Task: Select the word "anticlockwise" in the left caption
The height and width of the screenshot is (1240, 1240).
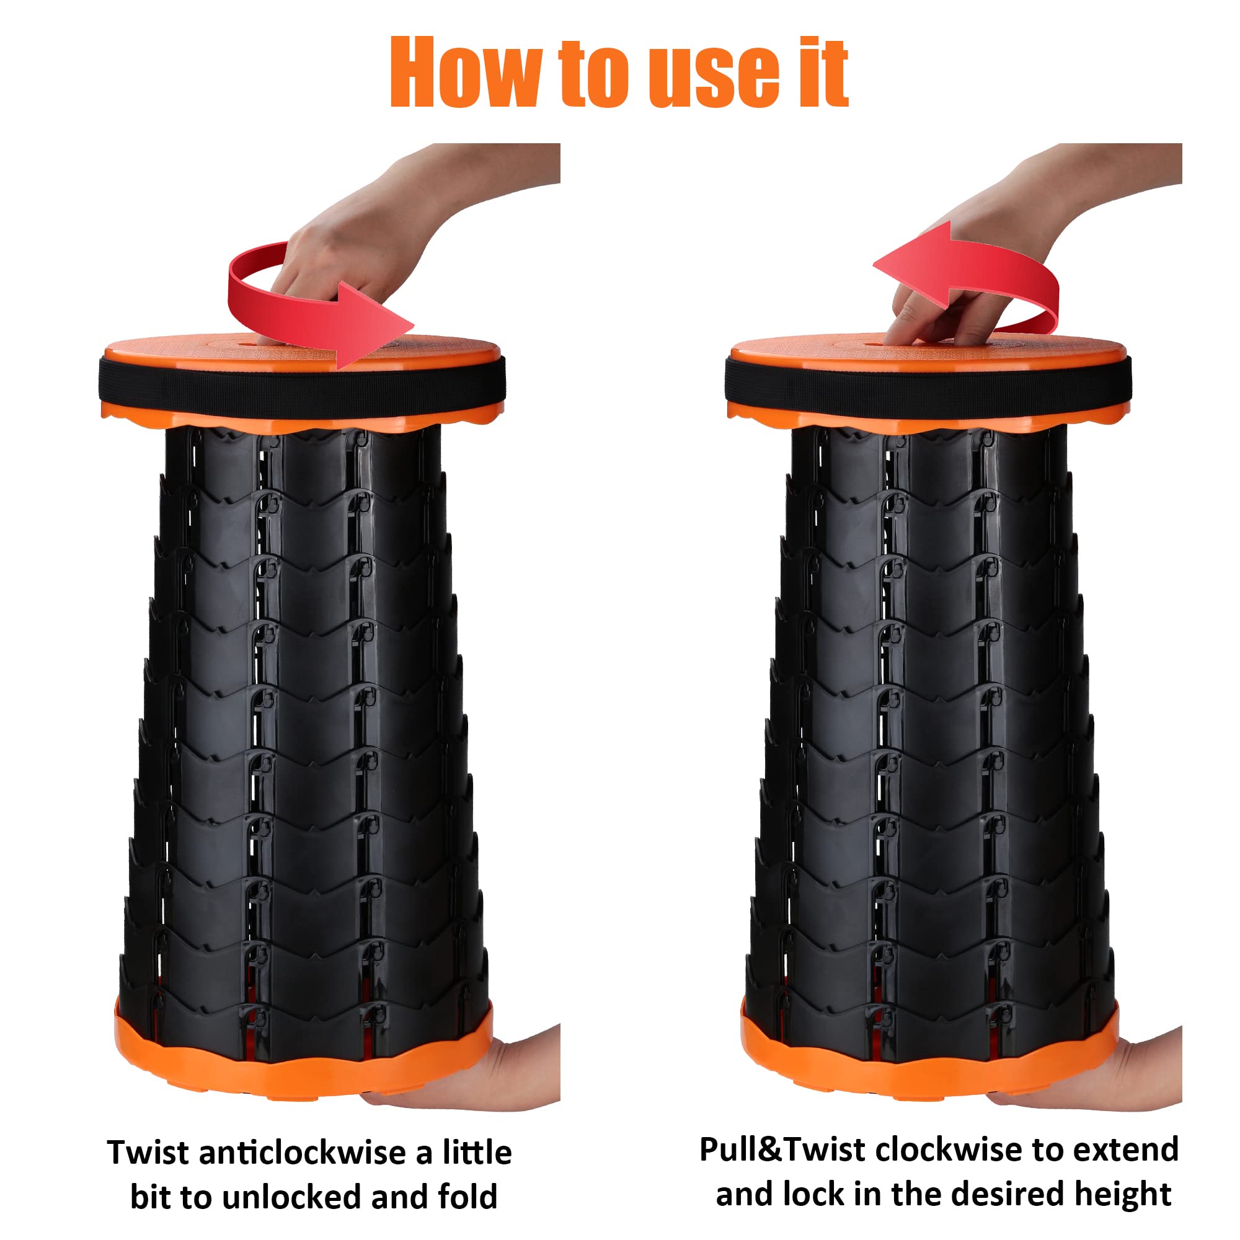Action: click(303, 1153)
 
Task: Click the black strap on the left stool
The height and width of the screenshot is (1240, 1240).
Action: click(303, 384)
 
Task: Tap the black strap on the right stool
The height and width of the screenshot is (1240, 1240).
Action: click(928, 384)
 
